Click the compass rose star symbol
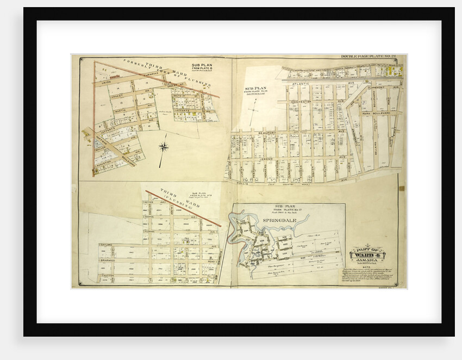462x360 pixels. (x=164, y=146)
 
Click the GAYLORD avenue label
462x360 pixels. (x=109, y=245)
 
